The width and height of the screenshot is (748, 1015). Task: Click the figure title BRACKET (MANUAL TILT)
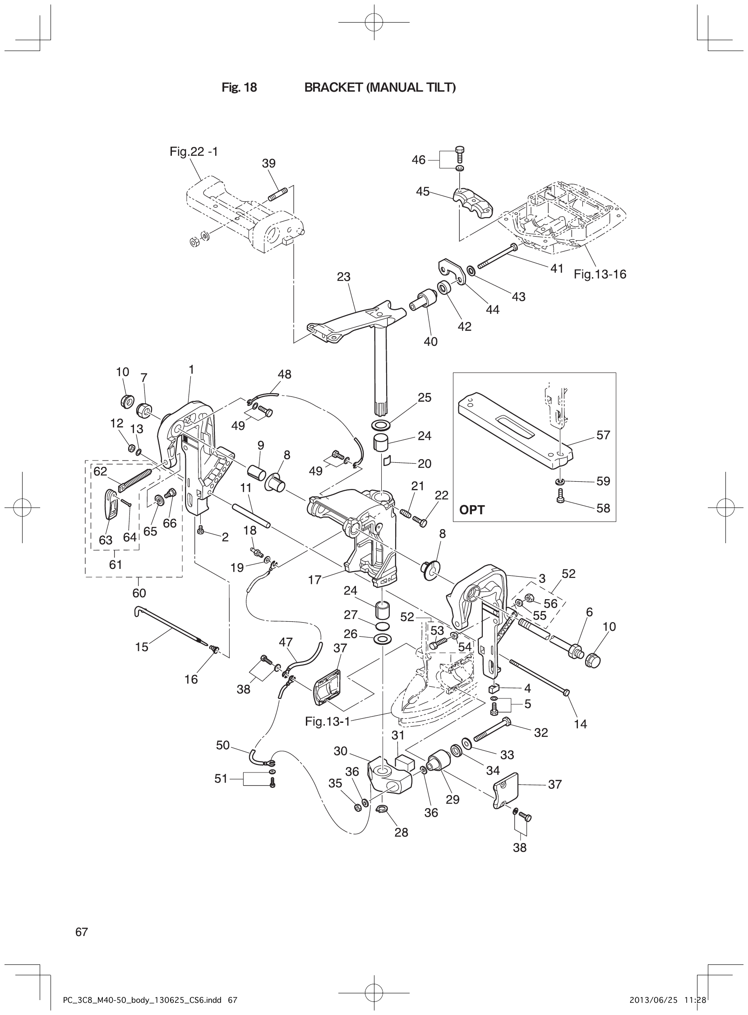click(380, 88)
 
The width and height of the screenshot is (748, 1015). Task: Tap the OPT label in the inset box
click(472, 510)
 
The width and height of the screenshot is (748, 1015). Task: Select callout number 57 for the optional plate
click(603, 435)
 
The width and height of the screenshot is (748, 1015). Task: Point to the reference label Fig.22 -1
click(194, 152)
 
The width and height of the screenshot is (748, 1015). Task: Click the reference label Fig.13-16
click(600, 274)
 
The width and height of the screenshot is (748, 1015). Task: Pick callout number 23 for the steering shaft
click(344, 276)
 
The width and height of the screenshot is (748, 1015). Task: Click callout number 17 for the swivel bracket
click(315, 580)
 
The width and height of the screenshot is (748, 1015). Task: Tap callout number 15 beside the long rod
click(142, 647)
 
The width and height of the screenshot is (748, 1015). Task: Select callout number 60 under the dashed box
click(139, 593)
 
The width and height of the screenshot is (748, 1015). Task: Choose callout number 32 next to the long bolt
click(541, 733)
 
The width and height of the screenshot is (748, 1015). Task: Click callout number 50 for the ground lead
click(223, 745)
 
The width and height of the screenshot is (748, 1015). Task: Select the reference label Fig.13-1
click(328, 721)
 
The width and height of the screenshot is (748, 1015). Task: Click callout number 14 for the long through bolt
click(580, 724)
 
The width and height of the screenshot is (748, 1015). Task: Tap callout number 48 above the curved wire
click(284, 374)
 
